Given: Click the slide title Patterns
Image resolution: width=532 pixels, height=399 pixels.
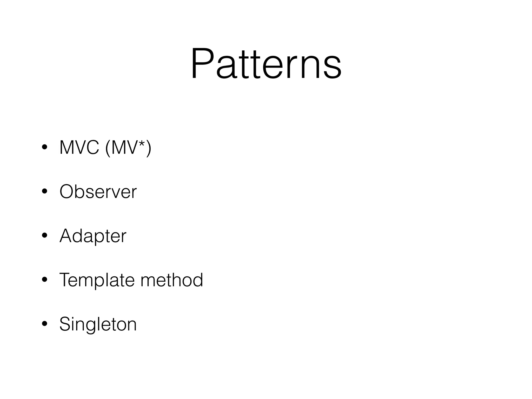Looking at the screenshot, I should coord(266,63).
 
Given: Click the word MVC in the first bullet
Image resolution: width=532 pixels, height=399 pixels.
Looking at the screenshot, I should coord(79,148).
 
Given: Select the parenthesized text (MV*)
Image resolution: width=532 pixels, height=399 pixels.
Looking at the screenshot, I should coord(128,148).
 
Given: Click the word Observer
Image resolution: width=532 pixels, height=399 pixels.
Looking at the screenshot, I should coord(98,192).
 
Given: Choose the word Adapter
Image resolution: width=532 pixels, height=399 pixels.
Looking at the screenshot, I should coord(93,236).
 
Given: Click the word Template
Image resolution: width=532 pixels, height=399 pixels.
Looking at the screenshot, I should coord(96,280).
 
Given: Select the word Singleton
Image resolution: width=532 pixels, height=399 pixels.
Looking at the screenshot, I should coord(98,324).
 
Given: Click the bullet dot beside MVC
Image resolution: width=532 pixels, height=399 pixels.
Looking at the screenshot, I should coord(44,147).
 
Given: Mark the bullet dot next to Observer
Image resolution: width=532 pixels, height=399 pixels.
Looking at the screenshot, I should coord(44,191).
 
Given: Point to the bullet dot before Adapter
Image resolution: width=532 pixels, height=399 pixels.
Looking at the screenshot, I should coord(44,236).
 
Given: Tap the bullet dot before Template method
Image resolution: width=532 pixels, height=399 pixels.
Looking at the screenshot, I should coord(44,280).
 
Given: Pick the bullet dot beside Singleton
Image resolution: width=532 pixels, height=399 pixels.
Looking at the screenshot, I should coord(44,324).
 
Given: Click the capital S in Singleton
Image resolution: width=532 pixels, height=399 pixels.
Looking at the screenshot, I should coord(65,324).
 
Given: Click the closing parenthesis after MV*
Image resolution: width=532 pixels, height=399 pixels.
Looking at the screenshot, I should coord(149,148).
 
